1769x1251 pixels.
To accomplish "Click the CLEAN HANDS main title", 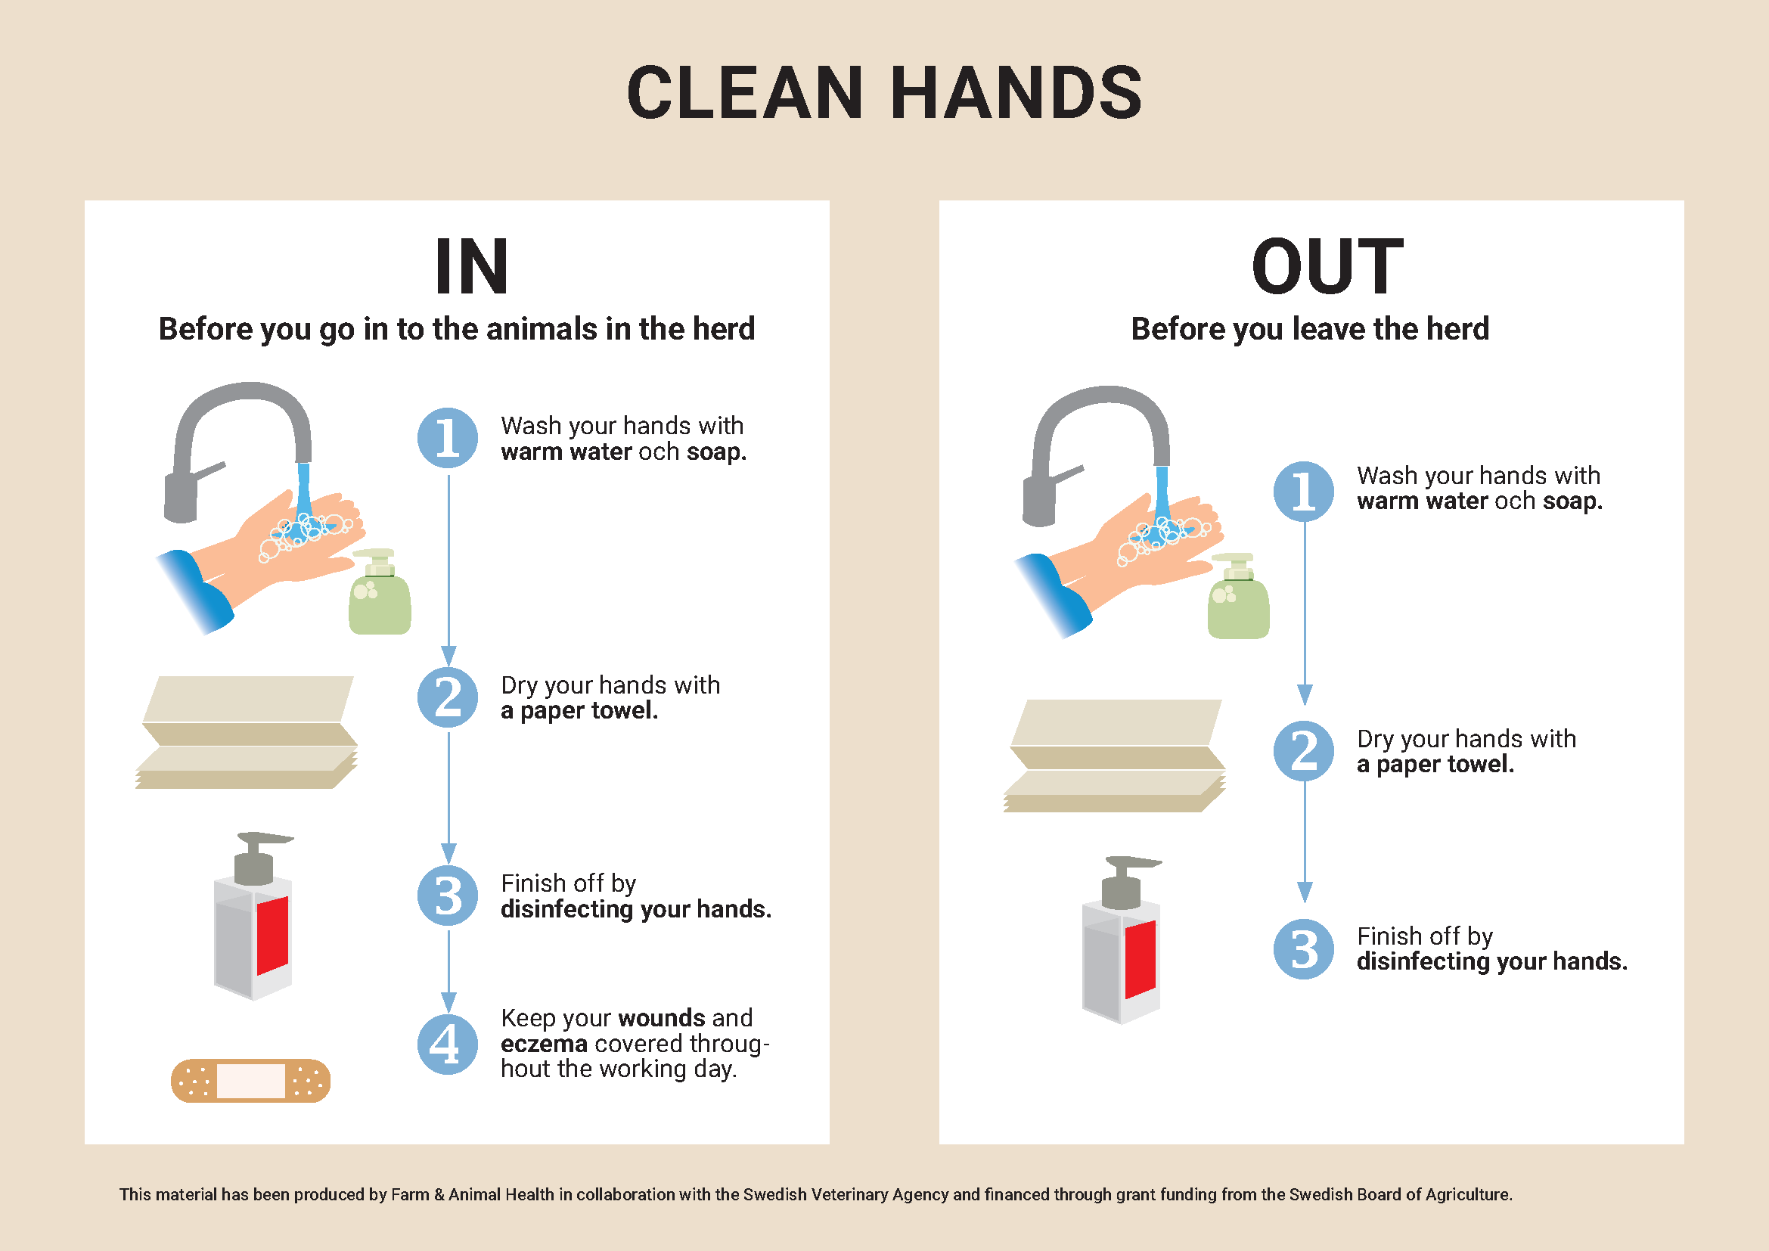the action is point(885,92).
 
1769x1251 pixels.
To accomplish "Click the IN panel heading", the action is point(471,266).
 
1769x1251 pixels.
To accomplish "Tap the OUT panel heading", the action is point(1327,266).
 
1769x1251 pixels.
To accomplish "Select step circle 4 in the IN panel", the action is point(448,1044).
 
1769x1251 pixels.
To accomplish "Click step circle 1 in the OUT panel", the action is point(1304,491).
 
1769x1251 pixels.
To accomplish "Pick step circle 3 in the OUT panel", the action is point(1304,949).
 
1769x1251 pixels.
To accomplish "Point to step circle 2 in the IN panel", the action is point(448,697).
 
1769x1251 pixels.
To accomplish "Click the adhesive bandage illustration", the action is point(250,1081).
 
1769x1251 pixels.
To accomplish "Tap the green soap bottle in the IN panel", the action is point(380,591).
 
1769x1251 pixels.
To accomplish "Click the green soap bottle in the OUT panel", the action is point(1238,596).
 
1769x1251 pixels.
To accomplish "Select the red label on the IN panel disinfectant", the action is point(272,935).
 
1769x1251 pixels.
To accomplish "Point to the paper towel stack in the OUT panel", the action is point(1114,756).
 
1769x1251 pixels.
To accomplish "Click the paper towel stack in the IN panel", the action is point(247,733).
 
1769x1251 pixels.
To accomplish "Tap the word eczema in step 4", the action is point(544,1044).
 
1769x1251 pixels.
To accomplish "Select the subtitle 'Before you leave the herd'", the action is point(1310,329).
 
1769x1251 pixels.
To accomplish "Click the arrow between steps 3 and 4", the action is point(448,972).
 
